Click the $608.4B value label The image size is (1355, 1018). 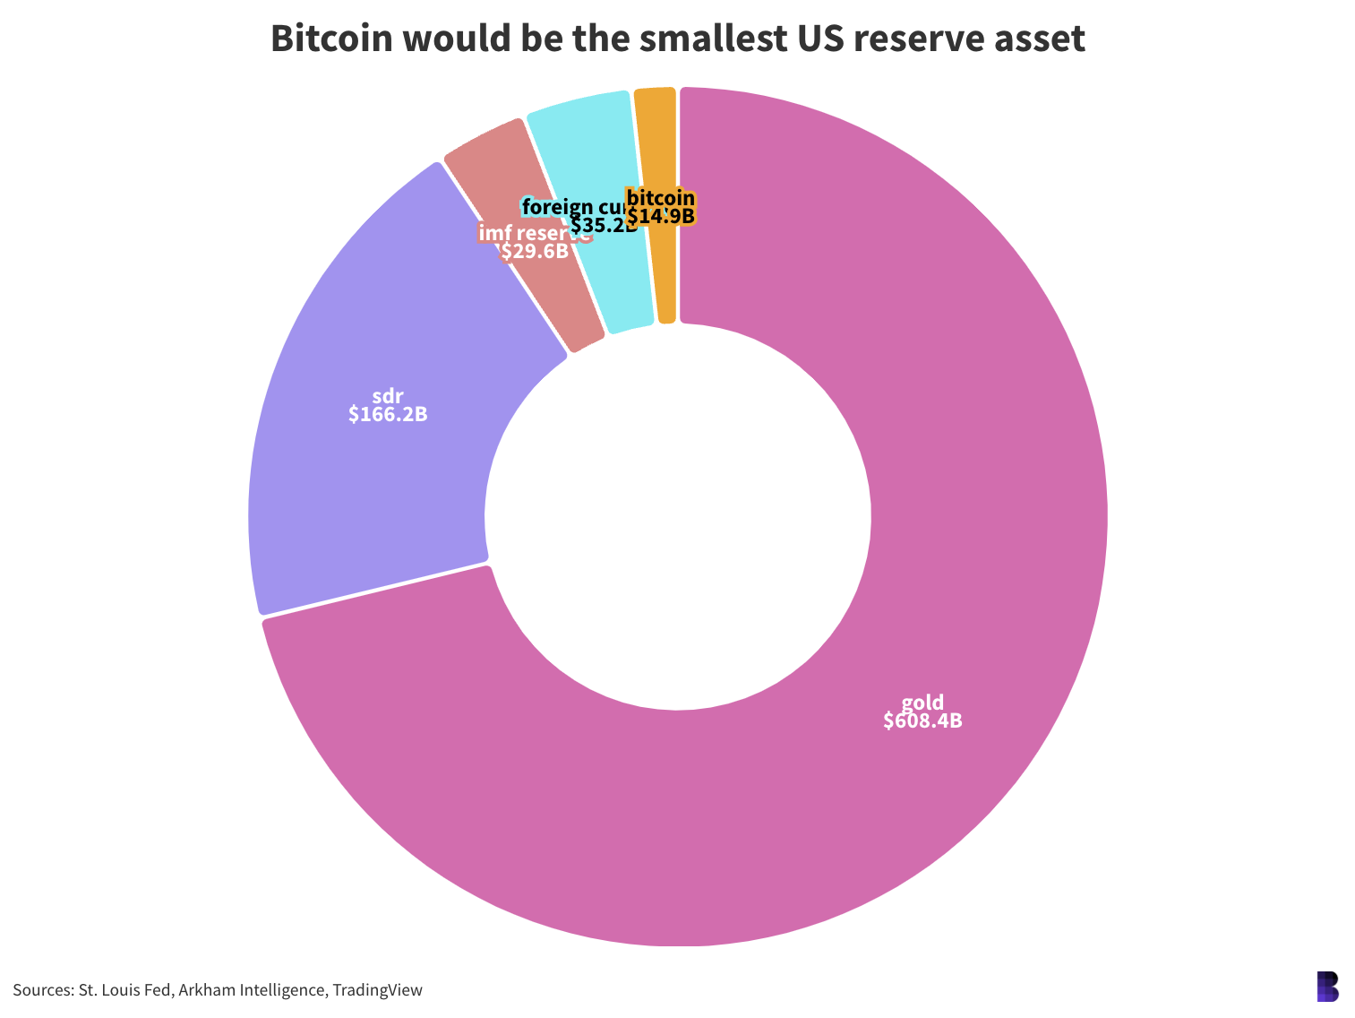(x=922, y=721)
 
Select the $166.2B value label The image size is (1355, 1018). (x=388, y=415)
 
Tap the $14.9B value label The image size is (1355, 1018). (x=661, y=217)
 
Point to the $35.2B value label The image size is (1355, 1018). (x=604, y=226)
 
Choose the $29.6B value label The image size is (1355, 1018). (x=535, y=252)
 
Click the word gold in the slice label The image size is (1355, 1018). (x=922, y=703)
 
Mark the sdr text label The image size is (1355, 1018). (x=388, y=396)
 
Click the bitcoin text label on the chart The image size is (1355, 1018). (x=661, y=199)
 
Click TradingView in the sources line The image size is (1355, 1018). (x=377, y=990)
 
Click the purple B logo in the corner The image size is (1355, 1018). (x=1327, y=986)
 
